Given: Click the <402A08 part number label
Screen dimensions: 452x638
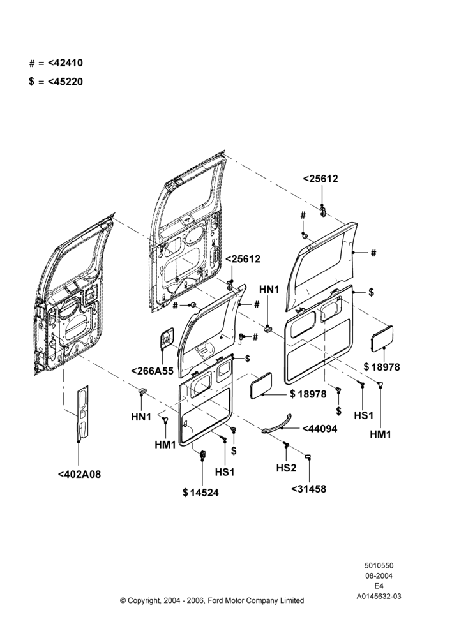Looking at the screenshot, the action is [79, 475].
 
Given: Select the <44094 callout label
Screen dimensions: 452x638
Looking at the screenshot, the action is [320, 429].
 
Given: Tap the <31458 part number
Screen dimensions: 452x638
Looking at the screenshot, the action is [308, 489].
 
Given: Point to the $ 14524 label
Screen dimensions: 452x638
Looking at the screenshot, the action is [200, 493].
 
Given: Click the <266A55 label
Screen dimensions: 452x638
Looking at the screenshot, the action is [153, 371].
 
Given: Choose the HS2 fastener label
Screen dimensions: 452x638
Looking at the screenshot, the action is [286, 468].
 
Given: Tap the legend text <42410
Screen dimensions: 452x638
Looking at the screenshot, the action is [65, 63].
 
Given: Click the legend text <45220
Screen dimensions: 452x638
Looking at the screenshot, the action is [65, 82].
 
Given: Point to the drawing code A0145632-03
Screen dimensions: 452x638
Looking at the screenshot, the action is [379, 597].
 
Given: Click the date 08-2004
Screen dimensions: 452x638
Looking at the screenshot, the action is [379, 575].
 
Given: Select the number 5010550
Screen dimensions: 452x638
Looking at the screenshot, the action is [379, 565].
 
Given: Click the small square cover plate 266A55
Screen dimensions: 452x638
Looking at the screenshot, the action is [167, 338].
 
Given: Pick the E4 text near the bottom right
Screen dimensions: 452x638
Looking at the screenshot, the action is [379, 586].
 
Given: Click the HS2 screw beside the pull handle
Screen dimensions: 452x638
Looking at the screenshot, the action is [286, 445].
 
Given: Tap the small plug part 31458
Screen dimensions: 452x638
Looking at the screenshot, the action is [308, 456].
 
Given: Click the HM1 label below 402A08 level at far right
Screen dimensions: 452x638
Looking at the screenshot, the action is [380, 434].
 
